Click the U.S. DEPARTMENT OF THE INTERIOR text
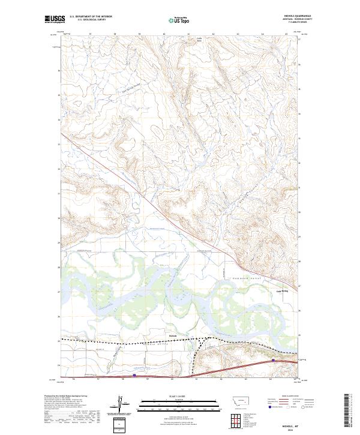click(x=91, y=17)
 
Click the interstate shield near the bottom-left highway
click(x=134, y=376)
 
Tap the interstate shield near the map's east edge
click(x=274, y=361)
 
